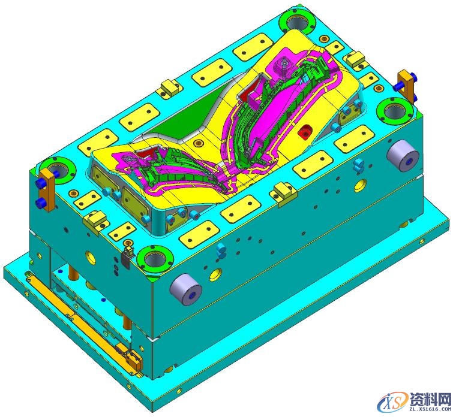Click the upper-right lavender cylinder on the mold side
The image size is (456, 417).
point(403,156)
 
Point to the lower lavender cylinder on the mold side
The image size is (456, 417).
point(186,289)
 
